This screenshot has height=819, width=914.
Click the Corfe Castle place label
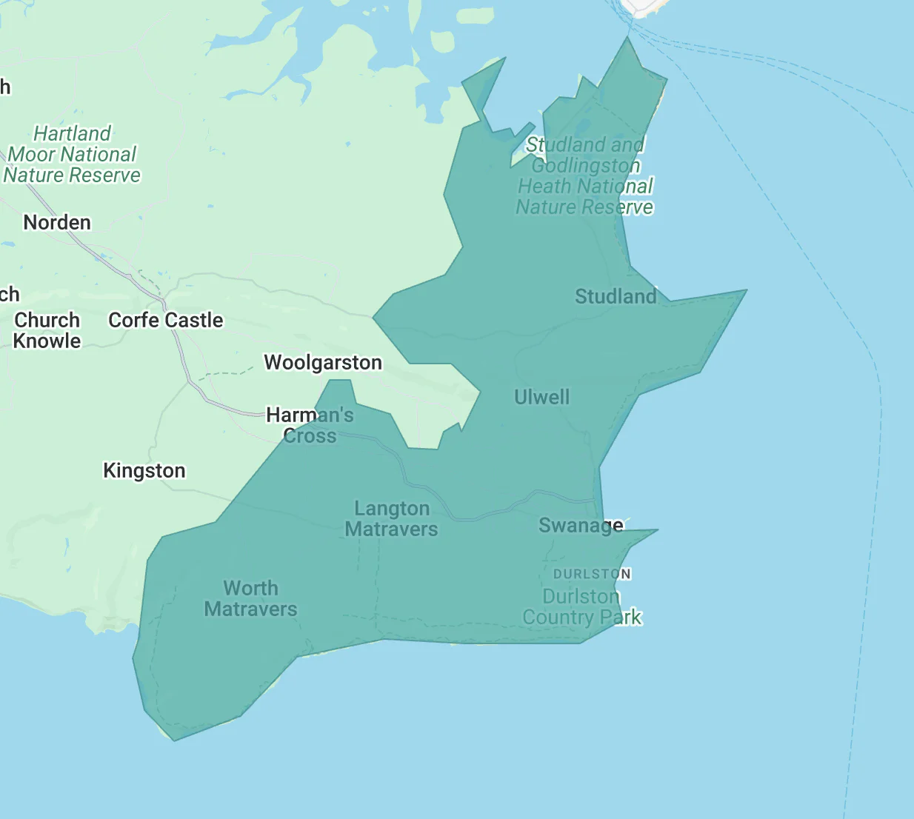click(165, 320)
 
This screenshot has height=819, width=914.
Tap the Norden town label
click(57, 222)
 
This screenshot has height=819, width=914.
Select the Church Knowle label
click(47, 330)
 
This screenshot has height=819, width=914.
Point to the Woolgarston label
click(323, 362)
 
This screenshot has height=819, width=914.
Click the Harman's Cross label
click(310, 425)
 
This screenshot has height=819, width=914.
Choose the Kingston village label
click(144, 470)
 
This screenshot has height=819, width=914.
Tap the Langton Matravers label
click(391, 518)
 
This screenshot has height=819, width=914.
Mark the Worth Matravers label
click(250, 598)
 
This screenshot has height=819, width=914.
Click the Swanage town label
click(581, 525)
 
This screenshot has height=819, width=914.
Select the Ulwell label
click(541, 397)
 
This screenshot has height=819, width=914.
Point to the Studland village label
click(616, 296)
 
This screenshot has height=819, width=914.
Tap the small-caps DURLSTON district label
click(592, 574)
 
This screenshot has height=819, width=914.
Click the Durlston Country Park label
click(581, 606)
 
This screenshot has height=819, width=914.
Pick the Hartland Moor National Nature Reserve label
click(72, 154)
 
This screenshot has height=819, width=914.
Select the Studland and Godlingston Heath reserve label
click(585, 175)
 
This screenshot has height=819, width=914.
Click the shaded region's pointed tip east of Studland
click(746, 290)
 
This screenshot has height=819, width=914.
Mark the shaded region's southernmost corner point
click(174, 740)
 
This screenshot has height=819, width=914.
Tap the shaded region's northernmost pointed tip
click(628, 38)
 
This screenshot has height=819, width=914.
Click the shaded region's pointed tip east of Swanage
click(657, 529)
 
